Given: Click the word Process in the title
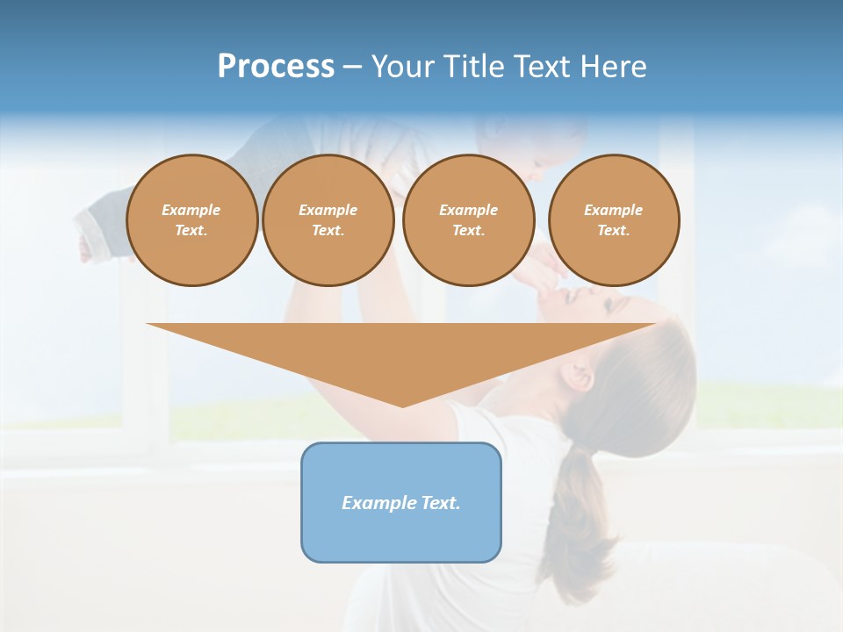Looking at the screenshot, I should tap(276, 67).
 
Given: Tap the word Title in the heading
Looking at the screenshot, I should tap(472, 67).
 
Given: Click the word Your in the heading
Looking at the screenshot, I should tap(402, 67).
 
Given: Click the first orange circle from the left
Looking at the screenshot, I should tap(191, 220).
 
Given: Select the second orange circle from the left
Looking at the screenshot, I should tap(328, 220).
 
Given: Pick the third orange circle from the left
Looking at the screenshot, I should tap(468, 220).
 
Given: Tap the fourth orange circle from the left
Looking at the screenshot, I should tap(613, 220).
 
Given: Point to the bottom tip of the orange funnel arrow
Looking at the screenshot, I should tap(402, 406).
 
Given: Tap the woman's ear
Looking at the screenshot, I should tap(580, 376).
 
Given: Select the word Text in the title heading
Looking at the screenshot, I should tap(539, 67).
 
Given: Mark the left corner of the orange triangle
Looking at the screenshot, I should tap(148, 325).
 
